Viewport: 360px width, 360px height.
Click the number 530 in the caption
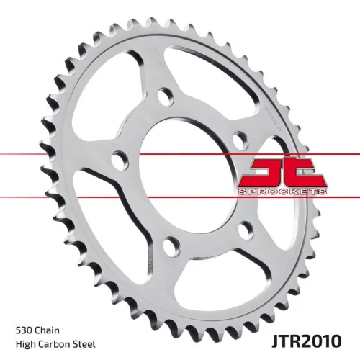[x=24, y=330]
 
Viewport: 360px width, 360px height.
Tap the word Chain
[x=47, y=330]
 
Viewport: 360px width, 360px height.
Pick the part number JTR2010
[x=306, y=341]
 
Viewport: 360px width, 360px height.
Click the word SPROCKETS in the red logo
[x=282, y=192]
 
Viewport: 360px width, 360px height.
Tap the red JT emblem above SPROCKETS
[x=283, y=173]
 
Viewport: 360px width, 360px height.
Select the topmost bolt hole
[x=166, y=96]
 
